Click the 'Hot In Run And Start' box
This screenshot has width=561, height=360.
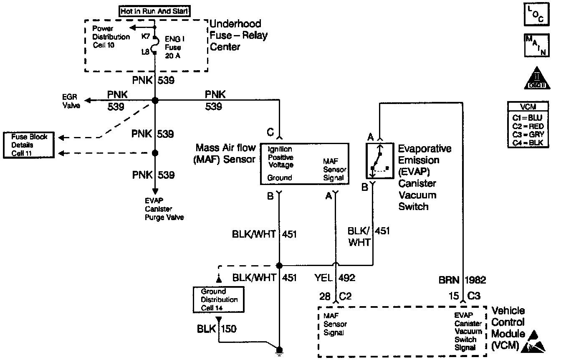[x=154, y=12]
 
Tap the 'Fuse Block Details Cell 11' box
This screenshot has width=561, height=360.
[x=30, y=145]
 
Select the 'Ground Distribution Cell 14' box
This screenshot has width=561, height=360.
[x=219, y=299]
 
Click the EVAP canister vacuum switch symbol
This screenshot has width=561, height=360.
[x=379, y=161]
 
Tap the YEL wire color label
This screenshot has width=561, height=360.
[x=324, y=278]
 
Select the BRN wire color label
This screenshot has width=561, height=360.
[x=449, y=280]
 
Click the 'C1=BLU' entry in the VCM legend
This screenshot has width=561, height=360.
[x=528, y=118]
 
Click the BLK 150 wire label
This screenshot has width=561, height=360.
[x=217, y=329]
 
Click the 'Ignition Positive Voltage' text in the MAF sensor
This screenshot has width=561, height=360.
[x=280, y=157]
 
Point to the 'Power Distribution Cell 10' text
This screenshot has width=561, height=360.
[x=110, y=37]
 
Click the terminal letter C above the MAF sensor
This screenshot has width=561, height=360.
[x=271, y=132]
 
